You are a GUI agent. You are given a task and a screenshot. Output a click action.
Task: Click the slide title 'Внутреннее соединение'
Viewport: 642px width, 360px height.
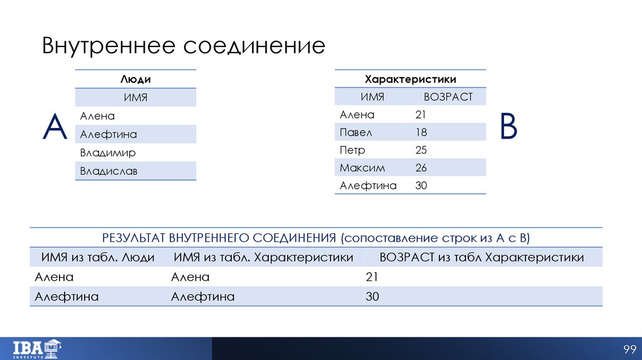point(183,46)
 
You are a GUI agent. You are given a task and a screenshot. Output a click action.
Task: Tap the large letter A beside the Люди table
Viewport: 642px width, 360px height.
point(55,127)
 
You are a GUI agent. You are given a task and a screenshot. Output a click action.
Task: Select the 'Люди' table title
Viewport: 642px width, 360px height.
point(135,79)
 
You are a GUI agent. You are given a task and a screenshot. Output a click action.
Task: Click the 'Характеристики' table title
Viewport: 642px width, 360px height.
point(410,79)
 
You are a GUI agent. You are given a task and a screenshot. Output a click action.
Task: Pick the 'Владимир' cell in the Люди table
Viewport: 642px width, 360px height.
point(108,152)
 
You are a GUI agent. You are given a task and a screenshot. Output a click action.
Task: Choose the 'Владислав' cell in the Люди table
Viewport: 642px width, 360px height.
point(108,171)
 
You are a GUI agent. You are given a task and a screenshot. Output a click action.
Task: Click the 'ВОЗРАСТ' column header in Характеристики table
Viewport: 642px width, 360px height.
point(448,97)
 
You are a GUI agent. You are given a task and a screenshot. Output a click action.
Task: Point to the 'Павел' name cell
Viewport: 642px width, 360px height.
point(356,132)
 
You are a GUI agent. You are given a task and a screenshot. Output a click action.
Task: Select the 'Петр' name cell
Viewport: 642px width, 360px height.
point(352,151)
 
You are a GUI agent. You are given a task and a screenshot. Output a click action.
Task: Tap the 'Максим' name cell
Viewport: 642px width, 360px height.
point(362,168)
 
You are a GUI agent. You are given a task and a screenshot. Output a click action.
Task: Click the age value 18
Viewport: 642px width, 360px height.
point(421,132)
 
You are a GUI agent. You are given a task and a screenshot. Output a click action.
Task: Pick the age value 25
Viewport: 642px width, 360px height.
point(421,151)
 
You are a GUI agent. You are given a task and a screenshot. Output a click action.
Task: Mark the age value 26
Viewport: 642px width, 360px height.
point(421,168)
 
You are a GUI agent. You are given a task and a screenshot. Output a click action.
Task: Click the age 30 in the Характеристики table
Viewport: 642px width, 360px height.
point(421,186)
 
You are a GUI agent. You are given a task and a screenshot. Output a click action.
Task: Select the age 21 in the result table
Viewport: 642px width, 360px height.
point(372,277)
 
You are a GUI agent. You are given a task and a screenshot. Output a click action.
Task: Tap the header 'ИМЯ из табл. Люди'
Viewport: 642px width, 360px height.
point(98,257)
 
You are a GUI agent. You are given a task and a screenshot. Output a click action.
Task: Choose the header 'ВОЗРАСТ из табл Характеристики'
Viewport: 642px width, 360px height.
point(481,257)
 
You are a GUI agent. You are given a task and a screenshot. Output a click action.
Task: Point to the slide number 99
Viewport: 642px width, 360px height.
point(629,349)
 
